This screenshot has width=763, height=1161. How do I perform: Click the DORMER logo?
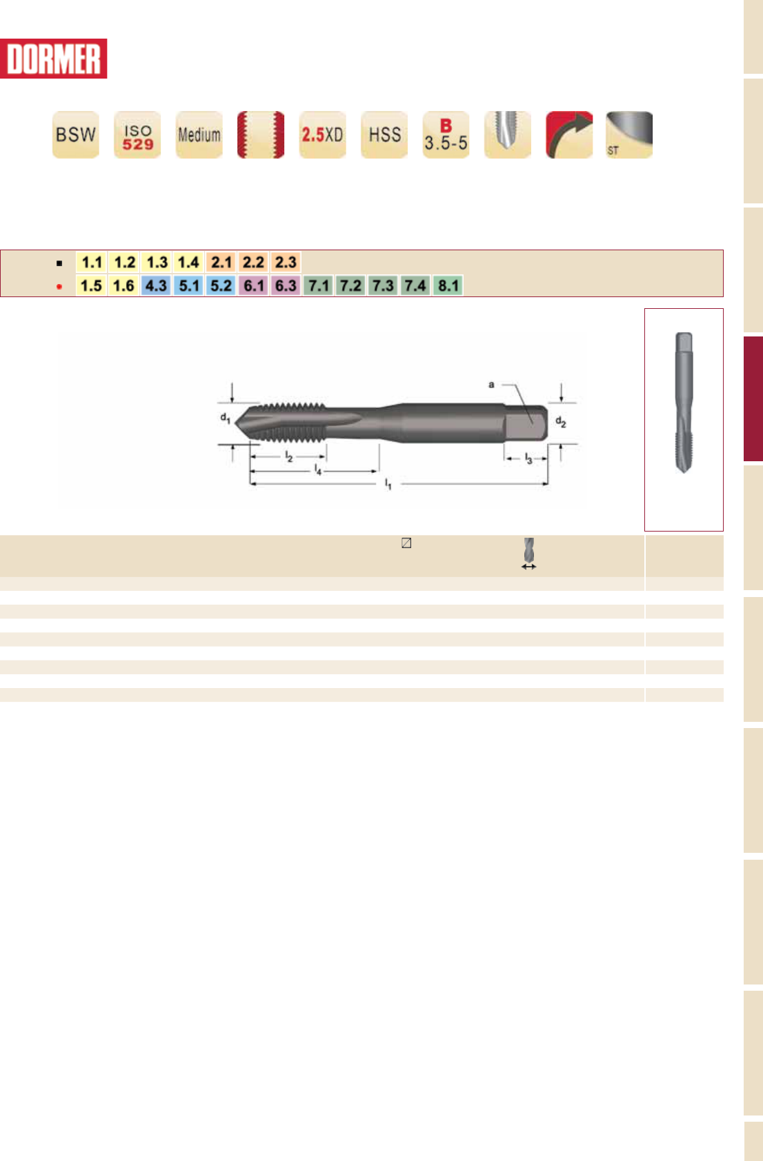53,59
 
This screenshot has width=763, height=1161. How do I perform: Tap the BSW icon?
76,134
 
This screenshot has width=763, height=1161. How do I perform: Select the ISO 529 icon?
137,134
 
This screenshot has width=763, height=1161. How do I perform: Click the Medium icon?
199,134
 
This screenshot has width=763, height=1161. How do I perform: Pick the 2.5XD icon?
323,134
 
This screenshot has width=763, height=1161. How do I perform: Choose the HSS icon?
384,134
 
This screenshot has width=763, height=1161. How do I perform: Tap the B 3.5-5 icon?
446,134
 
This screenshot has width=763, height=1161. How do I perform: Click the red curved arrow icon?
570,134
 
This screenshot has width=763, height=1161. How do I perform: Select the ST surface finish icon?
630,134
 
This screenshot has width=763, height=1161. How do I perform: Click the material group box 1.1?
92,262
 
